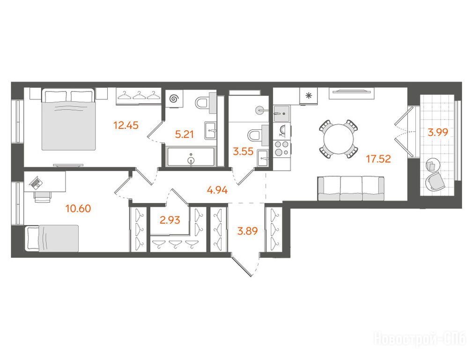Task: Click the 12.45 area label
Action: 126,125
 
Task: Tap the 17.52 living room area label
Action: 378,158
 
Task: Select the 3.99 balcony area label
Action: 438,132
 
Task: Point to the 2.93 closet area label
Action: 170,220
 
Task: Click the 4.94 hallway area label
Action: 217,190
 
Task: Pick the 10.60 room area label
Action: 78,209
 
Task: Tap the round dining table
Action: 339,139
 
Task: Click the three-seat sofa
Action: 351,188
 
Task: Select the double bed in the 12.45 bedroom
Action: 68,119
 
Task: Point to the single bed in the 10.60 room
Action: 52,238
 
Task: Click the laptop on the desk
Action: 36,182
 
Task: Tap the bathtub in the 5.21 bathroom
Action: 191,157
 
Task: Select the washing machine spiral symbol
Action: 174,99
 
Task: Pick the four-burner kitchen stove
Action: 282,149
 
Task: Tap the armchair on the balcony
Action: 435,181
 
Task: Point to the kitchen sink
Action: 281,113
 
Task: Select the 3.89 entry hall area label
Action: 248,232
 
